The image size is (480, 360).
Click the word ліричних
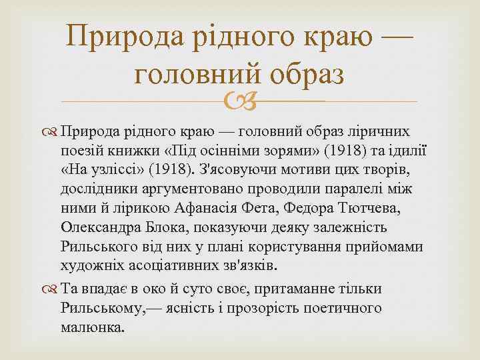coord(383,129)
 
